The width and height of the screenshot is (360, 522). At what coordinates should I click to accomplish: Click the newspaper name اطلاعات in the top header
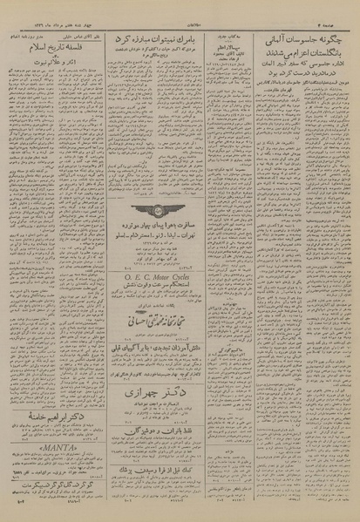pyautogui.click(x=180, y=6)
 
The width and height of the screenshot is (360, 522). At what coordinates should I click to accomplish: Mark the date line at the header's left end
pyautogui.click(x=44, y=6)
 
